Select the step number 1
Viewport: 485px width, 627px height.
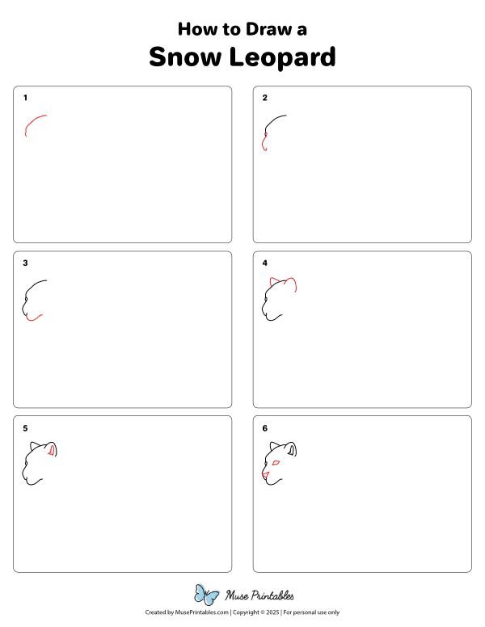25,98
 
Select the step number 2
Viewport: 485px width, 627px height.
264,98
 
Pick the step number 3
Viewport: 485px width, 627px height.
25,263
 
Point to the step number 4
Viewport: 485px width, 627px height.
264,263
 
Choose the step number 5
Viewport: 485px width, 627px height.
25,428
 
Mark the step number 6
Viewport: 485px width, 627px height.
264,428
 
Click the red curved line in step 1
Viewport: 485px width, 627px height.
33,121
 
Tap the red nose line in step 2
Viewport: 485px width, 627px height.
264,143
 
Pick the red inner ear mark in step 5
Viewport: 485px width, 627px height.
53,450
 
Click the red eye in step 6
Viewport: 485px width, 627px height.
276,462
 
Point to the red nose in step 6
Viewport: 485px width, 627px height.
264,473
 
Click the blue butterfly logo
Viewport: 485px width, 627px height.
207,595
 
